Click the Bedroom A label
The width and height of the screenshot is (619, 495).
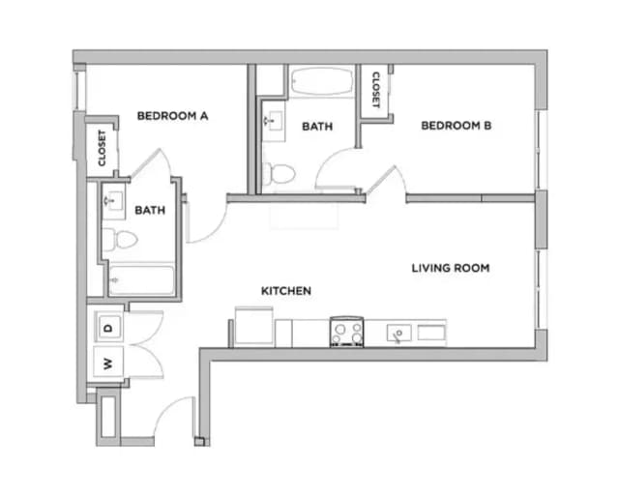(x=173, y=116)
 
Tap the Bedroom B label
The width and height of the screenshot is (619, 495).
(x=457, y=125)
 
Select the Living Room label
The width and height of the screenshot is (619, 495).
(x=450, y=268)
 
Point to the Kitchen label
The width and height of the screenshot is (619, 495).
(x=285, y=290)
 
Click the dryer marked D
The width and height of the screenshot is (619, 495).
(x=108, y=328)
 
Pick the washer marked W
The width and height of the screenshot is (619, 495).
(x=108, y=364)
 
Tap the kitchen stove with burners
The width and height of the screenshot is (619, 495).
(x=346, y=332)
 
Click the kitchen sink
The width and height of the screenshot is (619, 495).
(x=398, y=334)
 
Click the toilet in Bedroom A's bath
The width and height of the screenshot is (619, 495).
(x=112, y=241)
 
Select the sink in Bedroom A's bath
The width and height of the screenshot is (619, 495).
(x=111, y=202)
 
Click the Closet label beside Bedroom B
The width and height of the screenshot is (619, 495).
(x=375, y=89)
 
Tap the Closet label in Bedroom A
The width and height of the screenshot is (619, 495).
(x=102, y=147)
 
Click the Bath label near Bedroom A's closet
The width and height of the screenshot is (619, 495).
(x=149, y=210)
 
